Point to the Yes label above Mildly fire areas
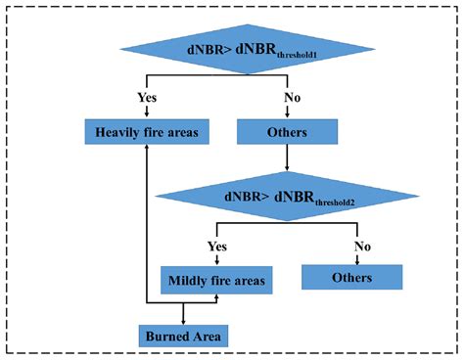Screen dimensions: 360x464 click(216, 247)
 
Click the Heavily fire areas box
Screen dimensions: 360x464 click(146, 132)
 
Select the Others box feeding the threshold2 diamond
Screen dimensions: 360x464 click(287, 132)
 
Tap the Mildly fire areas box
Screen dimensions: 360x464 click(216, 282)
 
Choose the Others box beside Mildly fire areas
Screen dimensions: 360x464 click(351, 278)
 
